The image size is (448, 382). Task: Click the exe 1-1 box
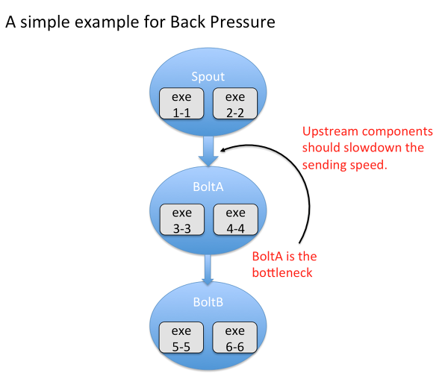pyautogui.click(x=181, y=104)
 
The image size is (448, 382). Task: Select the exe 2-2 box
pyautogui.click(x=235, y=104)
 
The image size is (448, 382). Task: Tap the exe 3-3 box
pyautogui.click(x=182, y=219)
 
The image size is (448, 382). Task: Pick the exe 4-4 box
pyautogui.click(x=236, y=219)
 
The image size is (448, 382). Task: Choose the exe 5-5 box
pyautogui.click(x=181, y=338)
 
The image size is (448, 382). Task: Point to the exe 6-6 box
pyautogui.click(x=235, y=338)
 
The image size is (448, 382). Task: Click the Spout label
pyautogui.click(x=208, y=77)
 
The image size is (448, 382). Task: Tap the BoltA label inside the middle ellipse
pyautogui.click(x=208, y=187)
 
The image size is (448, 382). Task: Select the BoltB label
pyautogui.click(x=208, y=302)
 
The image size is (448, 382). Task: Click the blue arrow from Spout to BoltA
pyautogui.click(x=208, y=151)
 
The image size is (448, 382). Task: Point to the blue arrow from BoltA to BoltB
pyautogui.click(x=208, y=269)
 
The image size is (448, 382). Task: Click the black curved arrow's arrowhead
pyautogui.click(x=223, y=150)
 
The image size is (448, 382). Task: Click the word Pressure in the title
pyautogui.click(x=243, y=22)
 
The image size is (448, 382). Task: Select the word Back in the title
pyautogui.click(x=187, y=22)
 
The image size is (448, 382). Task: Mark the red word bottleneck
pyautogui.click(x=282, y=272)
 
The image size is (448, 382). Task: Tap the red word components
pyautogui.click(x=397, y=132)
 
